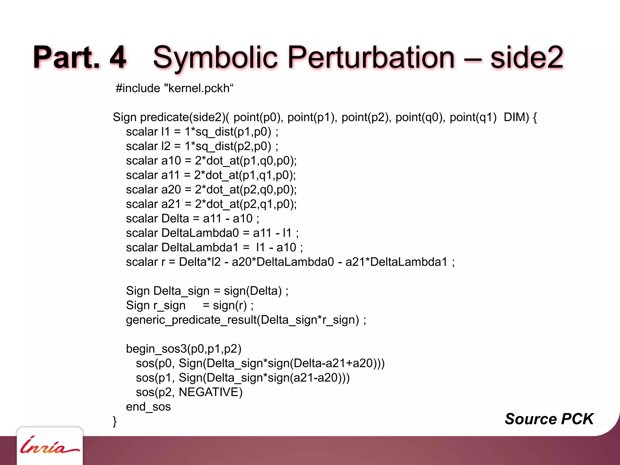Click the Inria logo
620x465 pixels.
[49, 446]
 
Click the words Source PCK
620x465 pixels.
[549, 419]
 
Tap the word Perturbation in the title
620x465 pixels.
[371, 58]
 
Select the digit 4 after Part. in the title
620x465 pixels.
[117, 58]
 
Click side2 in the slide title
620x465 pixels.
[526, 58]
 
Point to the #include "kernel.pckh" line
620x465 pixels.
[175, 88]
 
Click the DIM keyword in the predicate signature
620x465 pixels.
[516, 117]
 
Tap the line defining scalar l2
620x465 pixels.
[202, 146]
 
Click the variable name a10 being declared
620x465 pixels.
[171, 161]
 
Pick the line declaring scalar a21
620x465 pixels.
[211, 204]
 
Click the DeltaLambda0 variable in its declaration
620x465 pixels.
[200, 233]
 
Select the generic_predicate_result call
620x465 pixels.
[246, 320]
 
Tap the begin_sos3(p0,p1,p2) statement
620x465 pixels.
[183, 349]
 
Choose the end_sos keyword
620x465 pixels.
[148, 407]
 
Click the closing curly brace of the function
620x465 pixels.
[115, 421]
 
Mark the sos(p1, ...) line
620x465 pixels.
[242, 378]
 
